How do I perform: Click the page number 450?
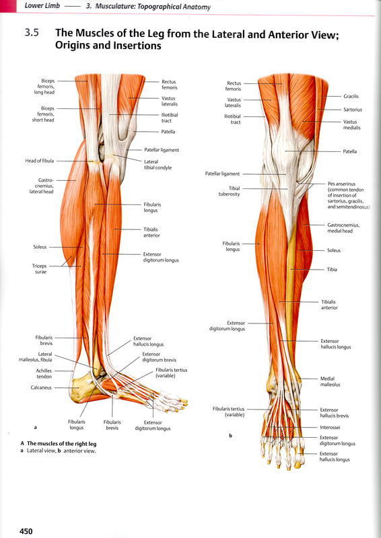26,531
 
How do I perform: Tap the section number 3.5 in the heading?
31,33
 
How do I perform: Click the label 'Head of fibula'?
40,161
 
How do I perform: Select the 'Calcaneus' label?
42,387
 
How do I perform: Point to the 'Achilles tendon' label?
44,374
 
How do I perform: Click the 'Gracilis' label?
351,96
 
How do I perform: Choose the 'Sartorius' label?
353,110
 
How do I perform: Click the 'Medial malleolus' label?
330,381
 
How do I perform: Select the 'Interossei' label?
330,428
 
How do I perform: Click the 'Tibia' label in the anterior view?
332,270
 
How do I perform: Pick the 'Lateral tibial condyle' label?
158,165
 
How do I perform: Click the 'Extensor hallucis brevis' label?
335,413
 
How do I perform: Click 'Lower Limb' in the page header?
42,6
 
